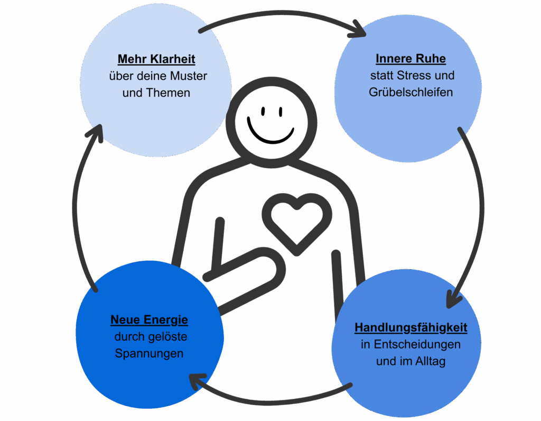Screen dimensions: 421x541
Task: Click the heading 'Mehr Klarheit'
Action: pos(156,58)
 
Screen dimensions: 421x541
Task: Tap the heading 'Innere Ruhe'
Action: pos(411,58)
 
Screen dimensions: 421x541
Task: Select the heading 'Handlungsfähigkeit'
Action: pos(411,327)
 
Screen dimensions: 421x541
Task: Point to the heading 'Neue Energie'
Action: pos(149,319)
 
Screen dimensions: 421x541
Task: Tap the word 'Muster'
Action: pos(189,76)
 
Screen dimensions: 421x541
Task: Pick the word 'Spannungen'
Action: pos(149,353)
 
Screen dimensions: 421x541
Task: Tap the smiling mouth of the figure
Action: pos(270,134)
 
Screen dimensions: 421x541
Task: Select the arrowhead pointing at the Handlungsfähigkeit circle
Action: pos(453,299)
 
